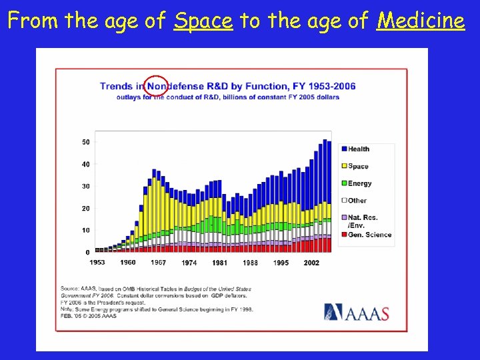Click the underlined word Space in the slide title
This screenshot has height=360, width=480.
click(x=203, y=21)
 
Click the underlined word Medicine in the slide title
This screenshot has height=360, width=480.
click(x=420, y=21)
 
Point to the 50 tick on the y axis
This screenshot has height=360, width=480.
click(x=86, y=142)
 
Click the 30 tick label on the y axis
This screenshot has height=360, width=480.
click(x=86, y=187)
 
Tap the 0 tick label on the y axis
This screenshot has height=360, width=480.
click(x=87, y=253)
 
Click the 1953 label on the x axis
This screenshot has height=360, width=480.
click(x=97, y=263)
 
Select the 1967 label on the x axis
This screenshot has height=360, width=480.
click(x=159, y=263)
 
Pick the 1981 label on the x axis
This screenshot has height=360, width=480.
click(x=219, y=263)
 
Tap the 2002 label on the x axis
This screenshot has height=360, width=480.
click(x=311, y=263)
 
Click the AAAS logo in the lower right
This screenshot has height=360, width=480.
click(x=357, y=313)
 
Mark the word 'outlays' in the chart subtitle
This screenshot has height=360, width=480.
click(x=129, y=97)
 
